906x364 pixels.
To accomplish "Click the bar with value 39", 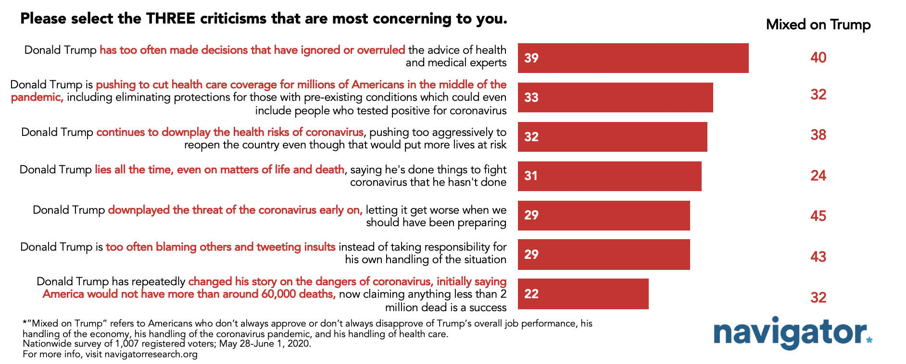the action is pos(633,58).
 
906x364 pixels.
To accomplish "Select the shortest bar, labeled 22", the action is pos(583,294).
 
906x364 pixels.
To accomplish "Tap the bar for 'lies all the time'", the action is pos(609,176).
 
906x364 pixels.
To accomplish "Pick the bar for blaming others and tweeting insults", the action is pos(604,255).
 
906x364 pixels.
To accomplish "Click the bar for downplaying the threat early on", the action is pos(604,215).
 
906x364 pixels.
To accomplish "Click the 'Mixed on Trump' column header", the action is pos(818,24).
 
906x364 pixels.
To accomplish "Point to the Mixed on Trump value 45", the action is pos(818,216).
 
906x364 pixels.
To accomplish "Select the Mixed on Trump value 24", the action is pos(818,175).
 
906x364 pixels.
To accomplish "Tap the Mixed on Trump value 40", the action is pos(818,57).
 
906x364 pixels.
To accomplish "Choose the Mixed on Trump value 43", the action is pos(818,256).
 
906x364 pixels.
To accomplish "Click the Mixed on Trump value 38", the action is pos(818,134).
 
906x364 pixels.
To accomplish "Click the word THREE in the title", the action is pos(171,19).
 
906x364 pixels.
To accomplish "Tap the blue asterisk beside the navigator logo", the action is pos(869,340).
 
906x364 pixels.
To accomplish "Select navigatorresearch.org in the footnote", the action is pos(151,354).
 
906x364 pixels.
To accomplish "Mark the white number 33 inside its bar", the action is pos(531,97).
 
